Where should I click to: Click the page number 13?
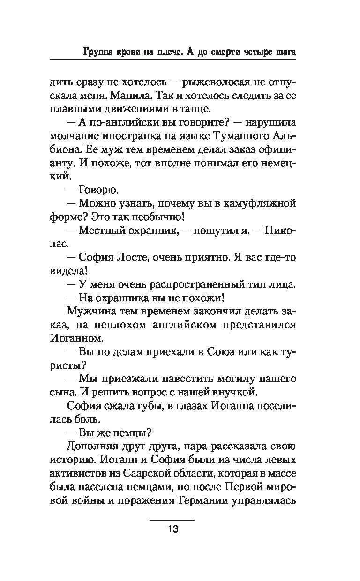click(x=172, y=530)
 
